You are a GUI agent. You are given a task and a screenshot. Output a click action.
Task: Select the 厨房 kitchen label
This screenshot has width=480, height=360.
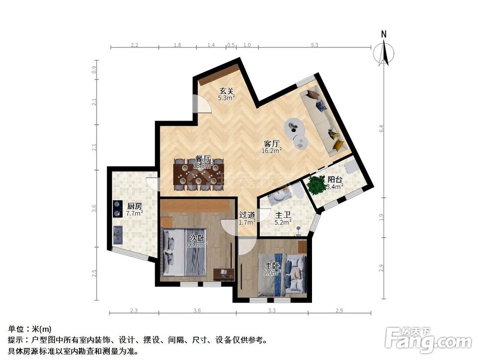click(134, 205)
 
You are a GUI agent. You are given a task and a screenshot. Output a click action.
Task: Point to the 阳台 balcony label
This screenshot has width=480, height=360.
click(335, 180)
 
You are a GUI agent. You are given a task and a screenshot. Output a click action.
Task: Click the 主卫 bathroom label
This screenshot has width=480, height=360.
click(282, 215)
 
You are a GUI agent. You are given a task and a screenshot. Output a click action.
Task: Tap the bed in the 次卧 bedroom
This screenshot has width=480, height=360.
click(184, 253)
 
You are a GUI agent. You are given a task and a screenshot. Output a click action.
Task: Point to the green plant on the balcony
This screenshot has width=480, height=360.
click(316, 184)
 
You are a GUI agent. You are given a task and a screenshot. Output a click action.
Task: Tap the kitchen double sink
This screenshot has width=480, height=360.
click(117, 234)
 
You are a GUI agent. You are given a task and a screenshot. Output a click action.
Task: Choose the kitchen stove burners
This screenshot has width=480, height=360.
click(117, 208)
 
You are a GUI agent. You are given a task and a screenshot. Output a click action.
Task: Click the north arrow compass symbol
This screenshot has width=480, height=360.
click(384, 51)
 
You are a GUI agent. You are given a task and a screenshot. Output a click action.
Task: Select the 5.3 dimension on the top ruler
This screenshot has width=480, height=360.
click(314, 45)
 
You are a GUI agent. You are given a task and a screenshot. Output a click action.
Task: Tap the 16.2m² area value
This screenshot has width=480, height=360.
click(272, 150)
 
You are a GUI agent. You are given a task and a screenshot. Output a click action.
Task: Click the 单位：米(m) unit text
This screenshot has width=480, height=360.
click(30, 329)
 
